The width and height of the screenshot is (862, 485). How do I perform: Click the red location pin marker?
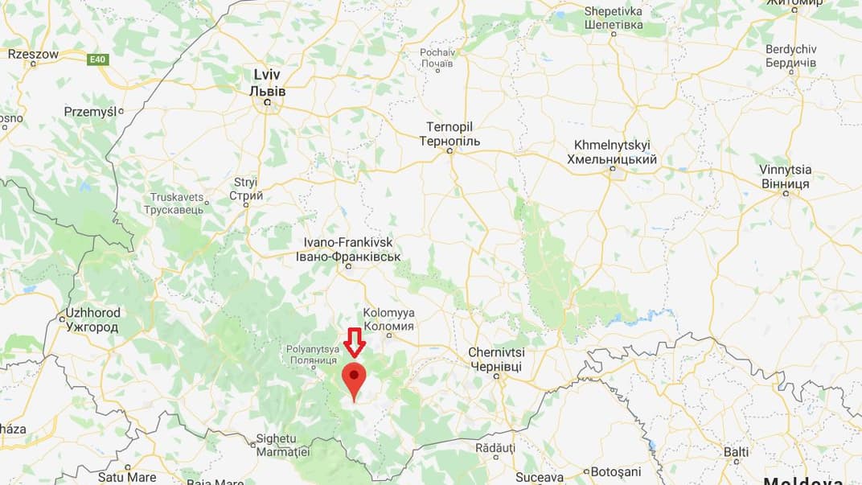coord(354,378)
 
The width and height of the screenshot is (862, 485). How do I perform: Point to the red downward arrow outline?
coord(354,342)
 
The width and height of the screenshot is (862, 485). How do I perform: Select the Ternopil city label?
coord(449,134)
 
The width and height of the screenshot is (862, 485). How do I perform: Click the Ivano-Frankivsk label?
coord(351,249)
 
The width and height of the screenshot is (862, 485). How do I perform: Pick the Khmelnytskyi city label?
coord(612,152)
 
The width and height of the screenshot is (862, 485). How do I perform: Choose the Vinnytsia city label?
coord(785,177)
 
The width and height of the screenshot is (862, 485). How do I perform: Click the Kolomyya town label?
coord(388,319)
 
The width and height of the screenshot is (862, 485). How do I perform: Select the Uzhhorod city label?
coord(92,320)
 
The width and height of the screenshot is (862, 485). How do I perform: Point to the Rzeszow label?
coord(33,54)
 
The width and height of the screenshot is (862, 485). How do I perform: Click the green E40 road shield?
coord(97,59)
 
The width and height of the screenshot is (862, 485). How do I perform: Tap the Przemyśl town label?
coord(90,112)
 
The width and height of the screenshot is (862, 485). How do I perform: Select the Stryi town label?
coord(246,189)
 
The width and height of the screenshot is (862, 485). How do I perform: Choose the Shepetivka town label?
coord(614,18)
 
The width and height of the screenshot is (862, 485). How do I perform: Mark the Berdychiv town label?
coord(790,55)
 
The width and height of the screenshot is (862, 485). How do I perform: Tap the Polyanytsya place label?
coord(315,356)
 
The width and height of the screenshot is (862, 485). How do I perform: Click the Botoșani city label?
coord(616,471)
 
